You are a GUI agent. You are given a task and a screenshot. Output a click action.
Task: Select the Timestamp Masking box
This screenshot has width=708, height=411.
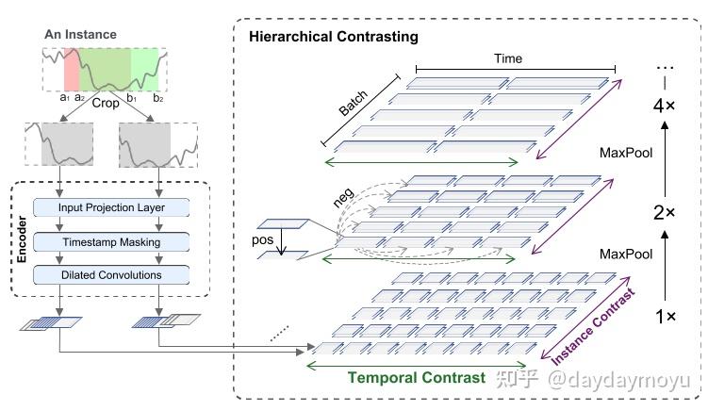coord(110,241)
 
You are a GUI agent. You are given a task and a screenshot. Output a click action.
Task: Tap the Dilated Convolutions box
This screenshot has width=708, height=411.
coord(110,275)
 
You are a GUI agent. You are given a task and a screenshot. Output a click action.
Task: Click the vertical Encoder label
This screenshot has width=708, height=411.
coord(21,241)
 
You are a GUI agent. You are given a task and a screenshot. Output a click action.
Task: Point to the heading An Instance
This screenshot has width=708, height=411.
coord(81,35)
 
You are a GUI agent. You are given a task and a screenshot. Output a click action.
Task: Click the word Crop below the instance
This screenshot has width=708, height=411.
coord(106,103)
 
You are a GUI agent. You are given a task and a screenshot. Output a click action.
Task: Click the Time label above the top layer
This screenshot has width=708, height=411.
coord(508,58)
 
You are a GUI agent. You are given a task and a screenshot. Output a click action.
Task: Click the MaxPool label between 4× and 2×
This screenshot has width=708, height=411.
coord(625,152)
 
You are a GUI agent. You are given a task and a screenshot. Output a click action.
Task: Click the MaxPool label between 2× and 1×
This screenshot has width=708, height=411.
coord(625,255)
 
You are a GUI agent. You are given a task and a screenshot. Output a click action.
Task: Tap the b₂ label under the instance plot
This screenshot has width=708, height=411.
coord(157,97)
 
